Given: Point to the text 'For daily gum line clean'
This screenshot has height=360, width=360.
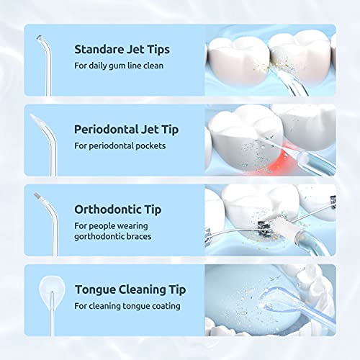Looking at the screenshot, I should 118,66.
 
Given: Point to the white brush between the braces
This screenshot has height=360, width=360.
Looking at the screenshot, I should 269,224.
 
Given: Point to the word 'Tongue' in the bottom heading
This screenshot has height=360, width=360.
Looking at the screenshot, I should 95,290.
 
